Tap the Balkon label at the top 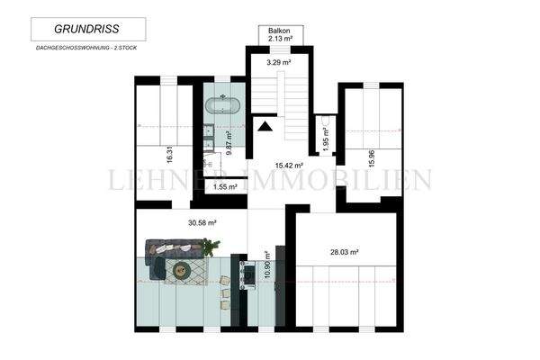tap(279, 31)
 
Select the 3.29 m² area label tap(278, 64)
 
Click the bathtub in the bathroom tap(223, 104)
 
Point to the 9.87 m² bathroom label tap(229, 144)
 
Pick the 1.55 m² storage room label tap(225, 187)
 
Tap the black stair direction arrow tap(265, 126)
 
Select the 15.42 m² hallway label tap(288, 166)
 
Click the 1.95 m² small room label tap(326, 142)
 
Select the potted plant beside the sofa tap(211, 244)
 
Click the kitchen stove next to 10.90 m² tap(249, 271)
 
